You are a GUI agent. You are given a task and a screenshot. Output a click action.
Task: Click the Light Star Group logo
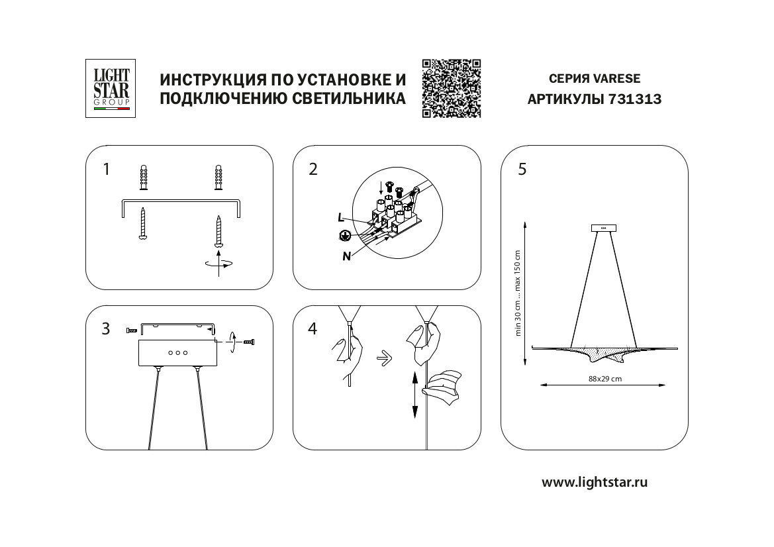[x=111, y=89]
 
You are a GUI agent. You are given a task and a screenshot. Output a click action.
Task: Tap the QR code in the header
[x=451, y=89]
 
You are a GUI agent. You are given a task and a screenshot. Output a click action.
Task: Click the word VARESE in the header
[x=617, y=78]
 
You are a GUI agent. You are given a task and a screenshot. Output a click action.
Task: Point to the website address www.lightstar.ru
[x=595, y=482]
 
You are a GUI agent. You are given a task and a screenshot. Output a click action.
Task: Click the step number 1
[x=106, y=170]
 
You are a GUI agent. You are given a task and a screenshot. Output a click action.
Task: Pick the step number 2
[x=313, y=170]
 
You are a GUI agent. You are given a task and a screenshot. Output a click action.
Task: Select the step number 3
[x=106, y=329]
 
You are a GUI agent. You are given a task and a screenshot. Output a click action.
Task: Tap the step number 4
[x=313, y=329]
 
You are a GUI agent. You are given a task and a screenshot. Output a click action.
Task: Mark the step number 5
[x=523, y=170]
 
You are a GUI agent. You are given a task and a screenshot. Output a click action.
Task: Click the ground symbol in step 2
[x=344, y=235]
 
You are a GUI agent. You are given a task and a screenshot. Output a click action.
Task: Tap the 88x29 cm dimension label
[x=605, y=379]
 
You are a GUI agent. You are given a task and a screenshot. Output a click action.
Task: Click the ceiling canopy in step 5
[x=603, y=228]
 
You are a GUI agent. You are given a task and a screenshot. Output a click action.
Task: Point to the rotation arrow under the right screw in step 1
[x=219, y=264]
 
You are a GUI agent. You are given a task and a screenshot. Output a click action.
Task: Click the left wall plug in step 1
[x=143, y=177]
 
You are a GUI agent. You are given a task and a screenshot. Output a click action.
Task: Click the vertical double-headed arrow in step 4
[x=415, y=393]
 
